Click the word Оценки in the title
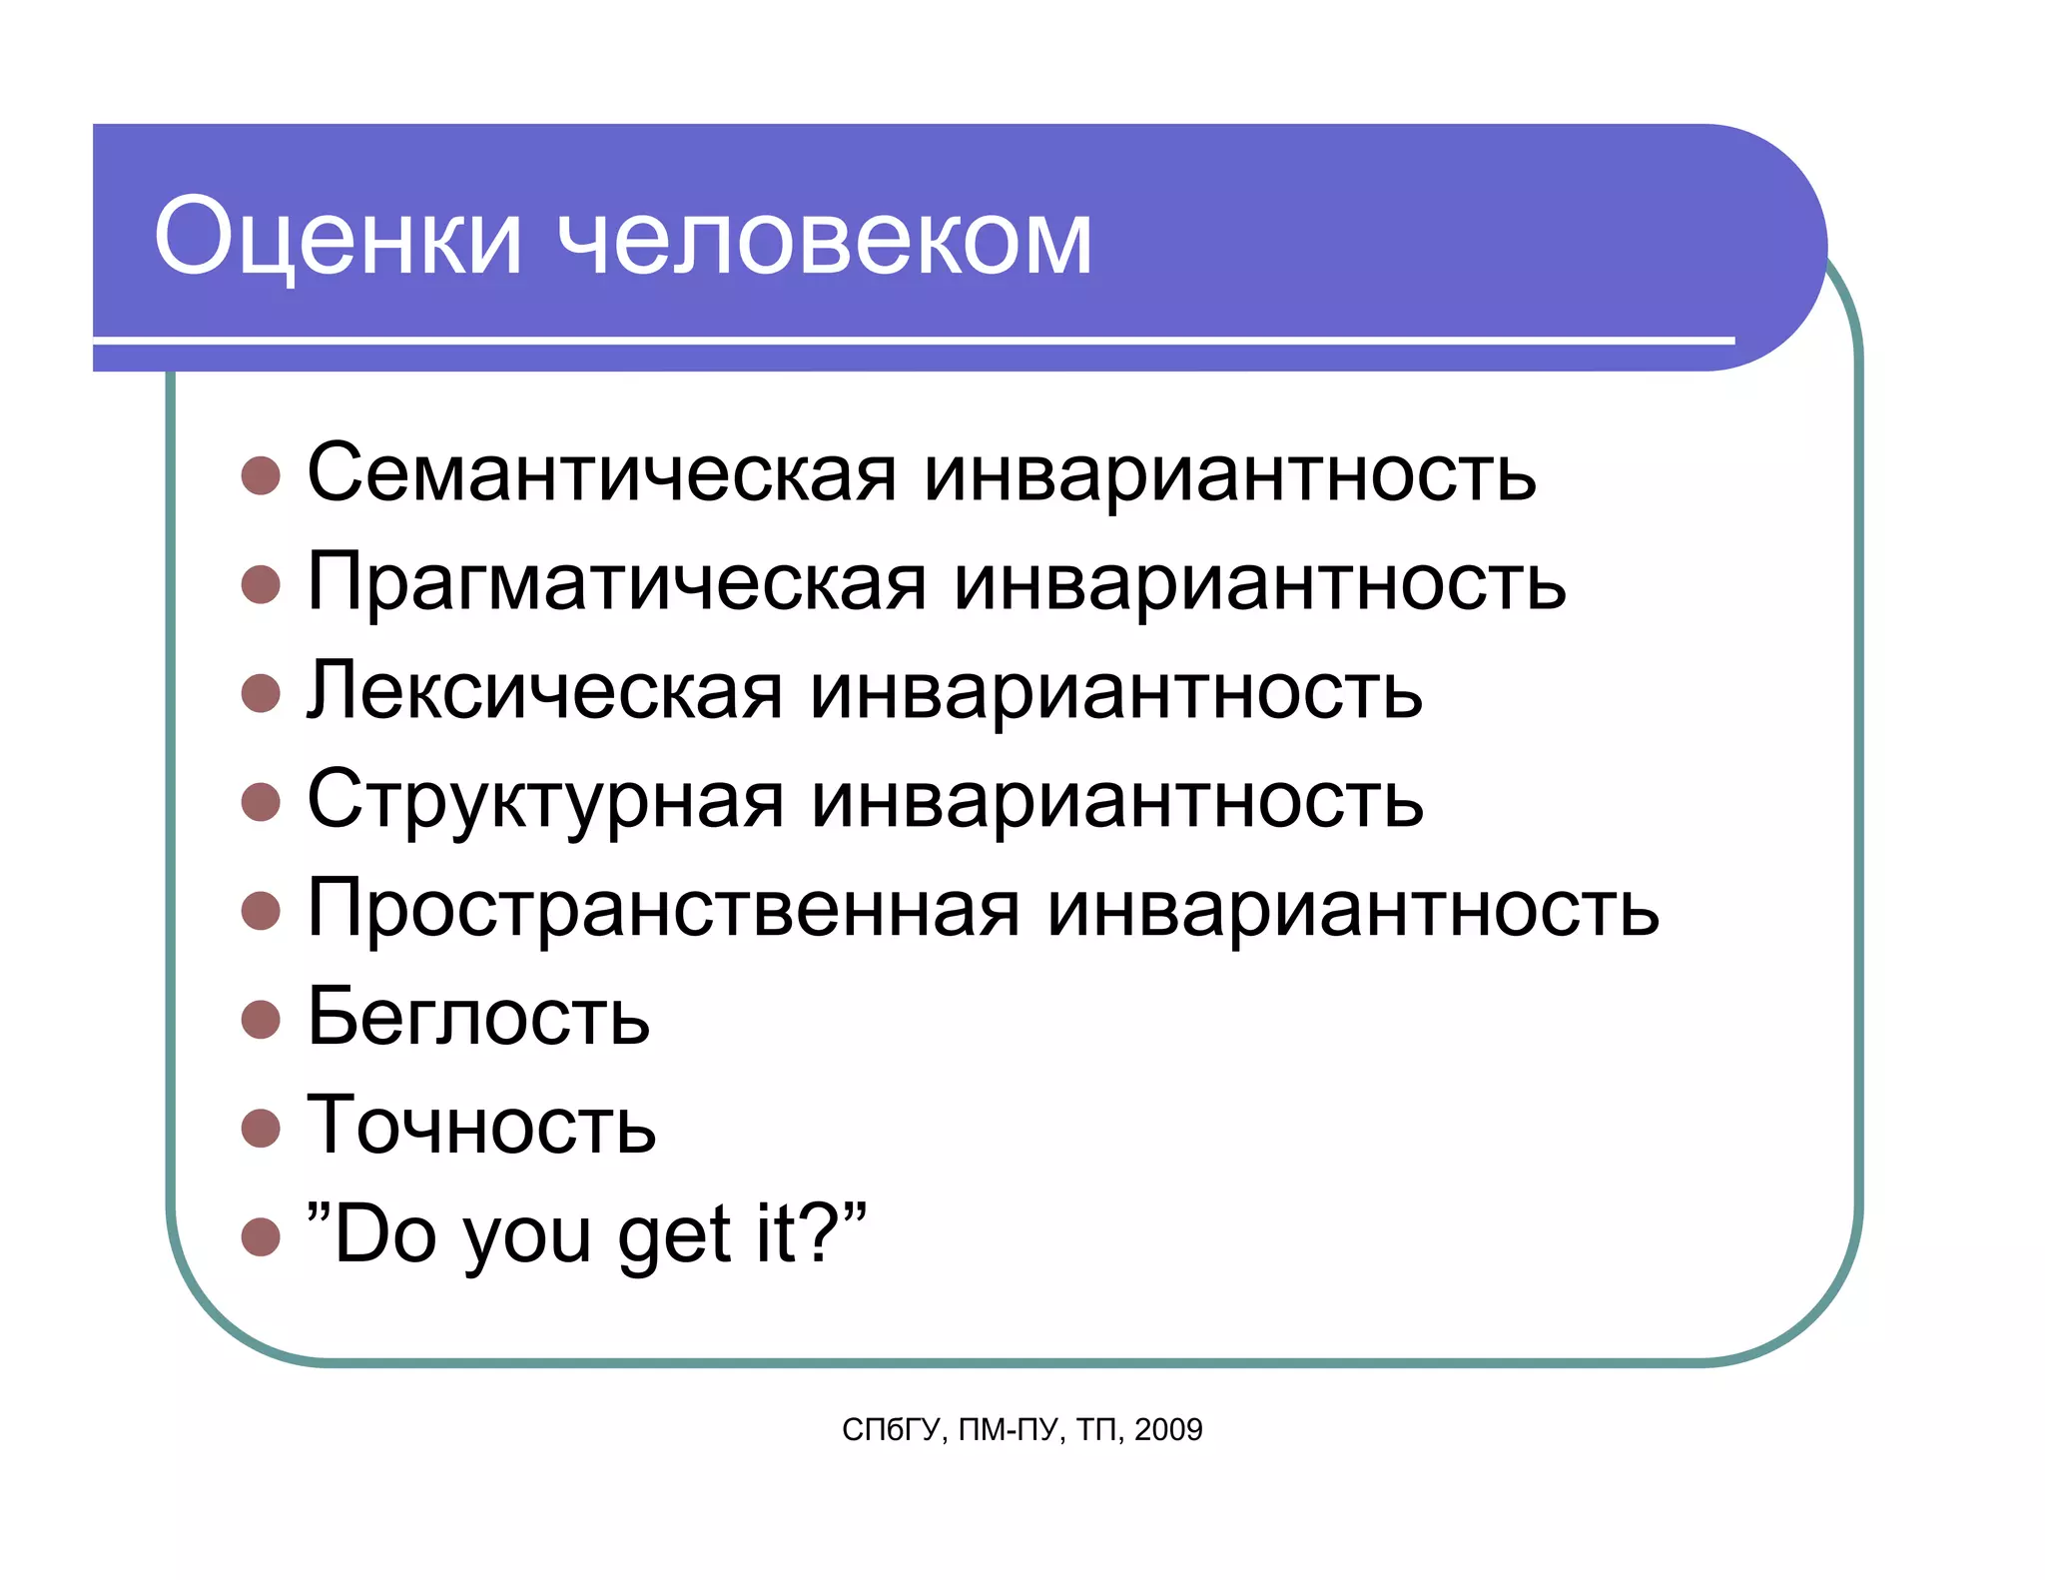(x=338, y=237)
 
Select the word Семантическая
(x=602, y=472)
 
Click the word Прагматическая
(x=617, y=581)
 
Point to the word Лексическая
(x=545, y=690)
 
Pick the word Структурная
(x=545, y=799)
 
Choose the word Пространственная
(x=664, y=908)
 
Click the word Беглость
(x=478, y=1017)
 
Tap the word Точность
(x=481, y=1126)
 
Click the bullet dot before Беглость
(x=261, y=1019)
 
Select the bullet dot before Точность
(x=261, y=1128)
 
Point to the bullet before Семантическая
(x=261, y=475)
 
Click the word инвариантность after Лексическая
(x=1116, y=690)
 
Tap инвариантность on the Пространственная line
(x=1353, y=908)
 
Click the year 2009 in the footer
(x=1168, y=1430)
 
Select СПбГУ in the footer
(x=891, y=1430)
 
